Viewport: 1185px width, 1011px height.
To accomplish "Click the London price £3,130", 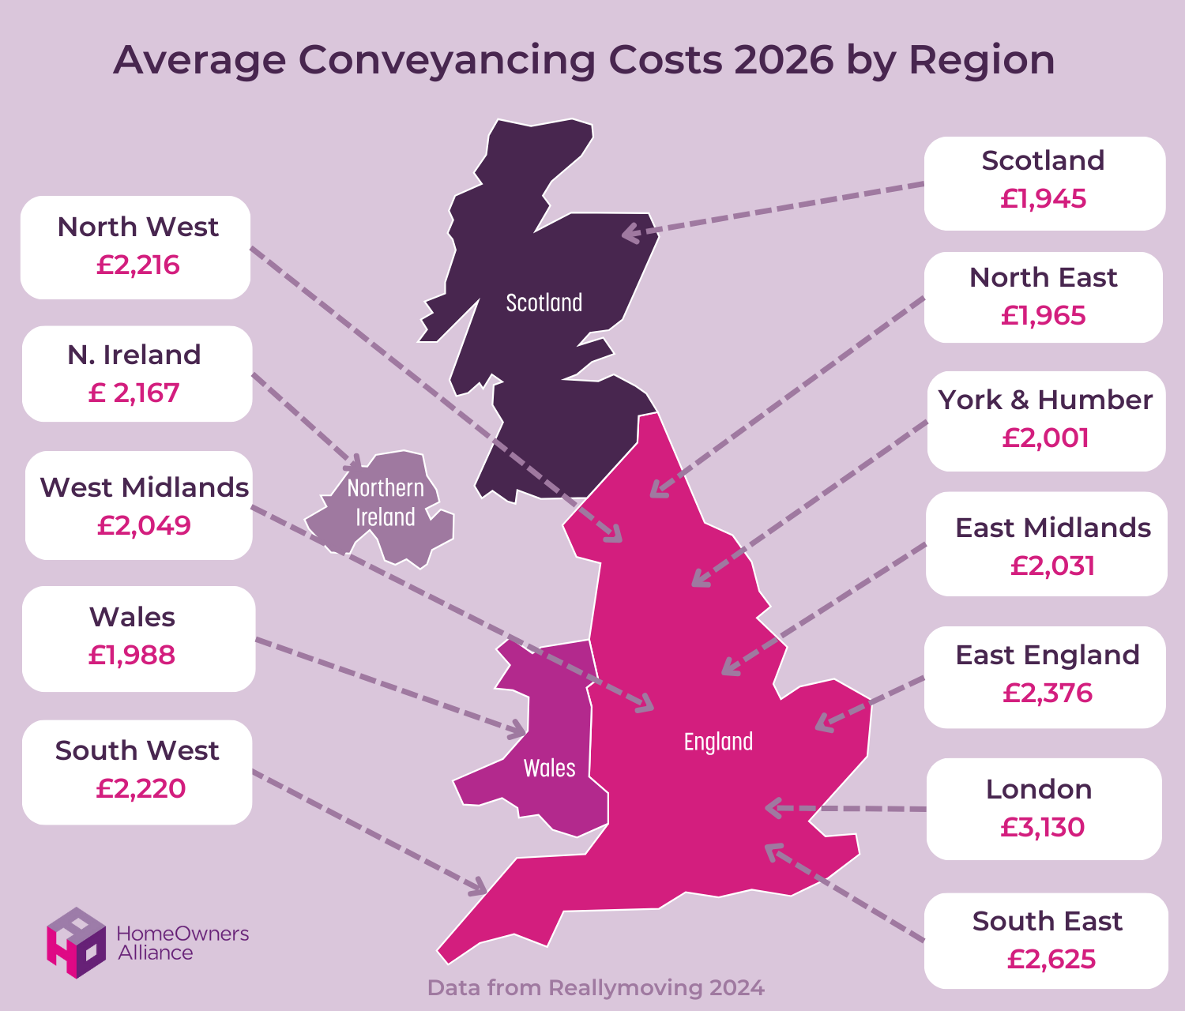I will [1043, 828].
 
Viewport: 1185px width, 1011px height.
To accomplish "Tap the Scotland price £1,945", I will [1044, 199].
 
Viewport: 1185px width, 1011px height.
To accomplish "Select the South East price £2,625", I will [1051, 960].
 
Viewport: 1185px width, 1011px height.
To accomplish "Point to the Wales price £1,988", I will [132, 656].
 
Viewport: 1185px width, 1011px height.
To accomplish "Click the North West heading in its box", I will [138, 227].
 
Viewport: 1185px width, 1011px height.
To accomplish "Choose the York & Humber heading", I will [1045, 400].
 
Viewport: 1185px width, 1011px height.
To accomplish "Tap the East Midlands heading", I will [1053, 528].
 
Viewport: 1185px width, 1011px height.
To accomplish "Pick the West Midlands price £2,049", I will [144, 526].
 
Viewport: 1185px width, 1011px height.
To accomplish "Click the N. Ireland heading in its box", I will [134, 355].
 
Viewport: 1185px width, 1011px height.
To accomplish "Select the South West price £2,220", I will [141, 789].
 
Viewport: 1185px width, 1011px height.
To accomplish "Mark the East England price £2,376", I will [1048, 693].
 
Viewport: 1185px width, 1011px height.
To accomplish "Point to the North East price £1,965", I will [1044, 316].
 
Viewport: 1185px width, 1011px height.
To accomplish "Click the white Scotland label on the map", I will [544, 303].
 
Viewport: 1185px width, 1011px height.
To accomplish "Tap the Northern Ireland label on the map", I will [386, 502].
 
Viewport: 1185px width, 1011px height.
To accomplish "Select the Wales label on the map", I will [550, 768].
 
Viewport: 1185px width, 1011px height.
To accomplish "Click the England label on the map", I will [718, 742].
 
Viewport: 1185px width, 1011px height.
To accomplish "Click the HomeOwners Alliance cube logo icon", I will [76, 941].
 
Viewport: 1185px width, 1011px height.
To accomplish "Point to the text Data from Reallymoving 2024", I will [596, 988].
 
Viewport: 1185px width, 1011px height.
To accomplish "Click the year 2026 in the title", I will [784, 60].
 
